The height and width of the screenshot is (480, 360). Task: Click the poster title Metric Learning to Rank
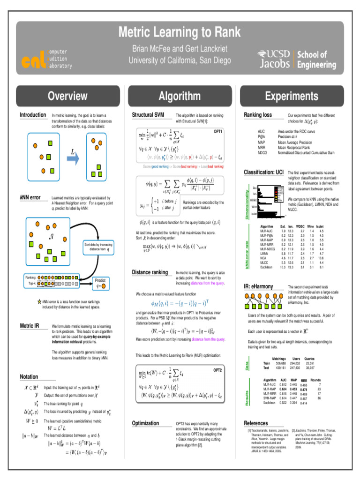click(x=180, y=32)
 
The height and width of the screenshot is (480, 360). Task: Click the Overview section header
click(x=67, y=96)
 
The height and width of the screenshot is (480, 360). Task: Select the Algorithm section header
click(x=180, y=96)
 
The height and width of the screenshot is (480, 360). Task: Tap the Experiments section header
click(x=291, y=96)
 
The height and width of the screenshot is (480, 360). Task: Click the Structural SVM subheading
click(x=148, y=115)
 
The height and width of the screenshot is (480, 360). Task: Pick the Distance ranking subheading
click(x=150, y=272)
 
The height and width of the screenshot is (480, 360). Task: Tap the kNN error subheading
click(x=30, y=198)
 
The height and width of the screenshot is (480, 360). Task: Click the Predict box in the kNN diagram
click(x=101, y=283)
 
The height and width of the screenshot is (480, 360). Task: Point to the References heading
click(x=256, y=423)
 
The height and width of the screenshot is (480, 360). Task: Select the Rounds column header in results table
click(x=315, y=380)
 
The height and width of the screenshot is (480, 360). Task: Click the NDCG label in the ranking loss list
click(x=263, y=152)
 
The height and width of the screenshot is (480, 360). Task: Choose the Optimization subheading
click(x=146, y=423)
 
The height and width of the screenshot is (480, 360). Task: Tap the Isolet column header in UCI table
click(x=321, y=226)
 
